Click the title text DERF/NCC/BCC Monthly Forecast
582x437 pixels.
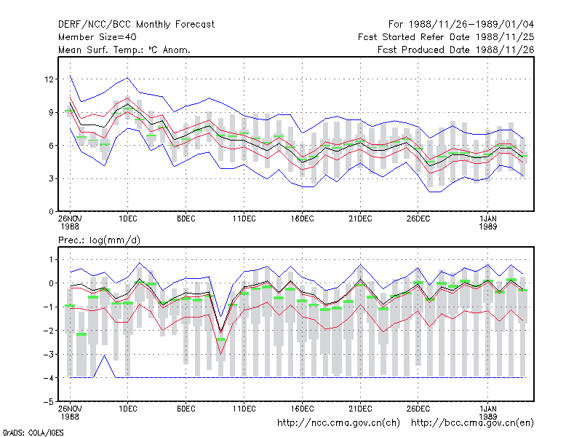click(x=136, y=25)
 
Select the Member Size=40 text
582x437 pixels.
click(x=97, y=37)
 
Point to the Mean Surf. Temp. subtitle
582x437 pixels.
click(x=124, y=50)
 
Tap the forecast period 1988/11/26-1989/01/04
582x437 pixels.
click(x=461, y=25)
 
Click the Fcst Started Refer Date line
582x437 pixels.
click(x=446, y=37)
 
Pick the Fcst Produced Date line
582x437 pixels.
click(x=456, y=50)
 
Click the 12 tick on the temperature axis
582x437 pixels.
click(x=49, y=79)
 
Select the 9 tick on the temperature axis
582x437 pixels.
click(x=51, y=112)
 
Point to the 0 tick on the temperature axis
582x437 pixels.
click(x=51, y=212)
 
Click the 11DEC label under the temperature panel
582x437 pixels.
click(x=244, y=219)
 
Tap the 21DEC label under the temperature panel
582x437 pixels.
click(x=360, y=219)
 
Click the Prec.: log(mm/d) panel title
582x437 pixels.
click(x=99, y=240)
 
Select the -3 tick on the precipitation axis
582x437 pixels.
click(x=49, y=354)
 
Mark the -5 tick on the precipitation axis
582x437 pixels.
click(x=49, y=402)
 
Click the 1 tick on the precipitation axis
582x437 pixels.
click(x=51, y=259)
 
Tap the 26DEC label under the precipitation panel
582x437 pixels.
click(x=418, y=409)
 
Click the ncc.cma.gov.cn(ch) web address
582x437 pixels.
click(x=338, y=423)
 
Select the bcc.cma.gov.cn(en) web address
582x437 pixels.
click(x=472, y=423)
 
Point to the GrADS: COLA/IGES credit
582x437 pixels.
click(x=33, y=433)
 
